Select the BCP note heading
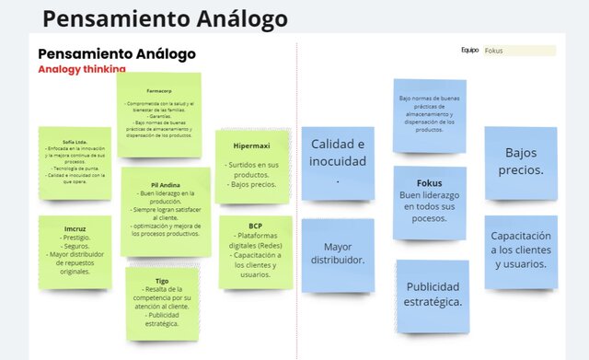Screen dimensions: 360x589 255,226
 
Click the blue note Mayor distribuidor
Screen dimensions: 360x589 338,253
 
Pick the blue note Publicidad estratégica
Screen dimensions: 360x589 433,293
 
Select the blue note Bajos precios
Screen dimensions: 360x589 520,161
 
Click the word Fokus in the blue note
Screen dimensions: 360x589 429,182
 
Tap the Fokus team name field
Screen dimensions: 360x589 520,51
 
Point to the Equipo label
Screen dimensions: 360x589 470,51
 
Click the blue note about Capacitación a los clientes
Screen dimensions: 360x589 520,249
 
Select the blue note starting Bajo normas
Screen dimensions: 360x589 429,114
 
